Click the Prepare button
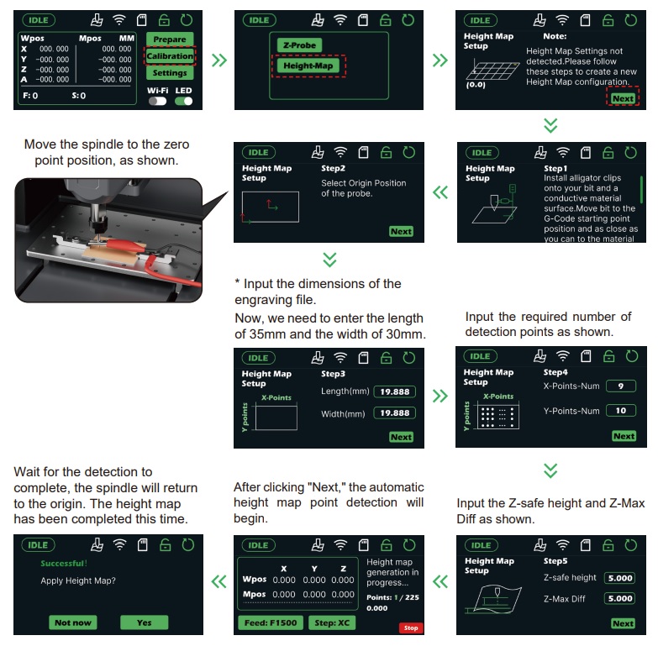170,39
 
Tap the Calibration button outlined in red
170,55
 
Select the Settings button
170,72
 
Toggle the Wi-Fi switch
157,101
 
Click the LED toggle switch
184,101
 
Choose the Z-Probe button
299,45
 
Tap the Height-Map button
308,66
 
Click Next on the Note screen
623,98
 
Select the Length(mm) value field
394,391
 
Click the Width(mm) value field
394,413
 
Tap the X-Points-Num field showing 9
621,386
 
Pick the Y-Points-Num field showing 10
621,411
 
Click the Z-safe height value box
620,578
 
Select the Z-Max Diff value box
620,599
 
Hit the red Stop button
411,628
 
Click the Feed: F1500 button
271,623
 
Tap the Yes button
144,622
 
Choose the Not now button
72,622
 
